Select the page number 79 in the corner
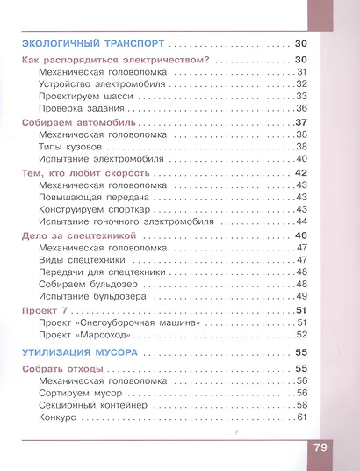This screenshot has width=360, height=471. tap(319, 448)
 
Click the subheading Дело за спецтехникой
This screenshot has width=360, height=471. tap(77, 237)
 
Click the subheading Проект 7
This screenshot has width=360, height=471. tap(43, 311)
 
